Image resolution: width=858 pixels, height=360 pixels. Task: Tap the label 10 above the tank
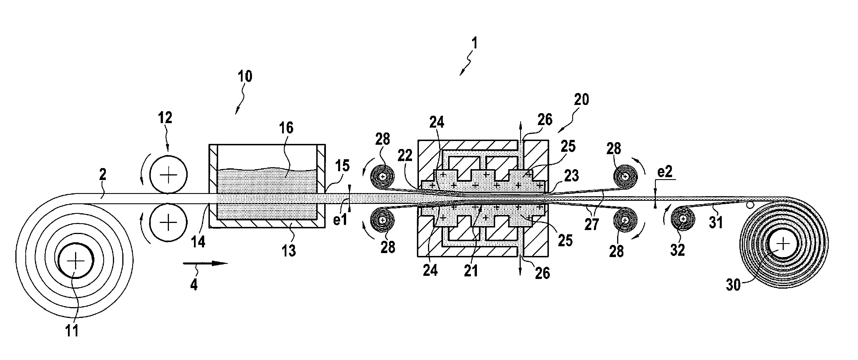pyautogui.click(x=245, y=76)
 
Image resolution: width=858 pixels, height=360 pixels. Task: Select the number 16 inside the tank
pyautogui.click(x=286, y=128)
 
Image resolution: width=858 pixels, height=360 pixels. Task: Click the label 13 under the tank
pyautogui.click(x=288, y=251)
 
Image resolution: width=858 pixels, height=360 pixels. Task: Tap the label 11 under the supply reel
pyautogui.click(x=71, y=331)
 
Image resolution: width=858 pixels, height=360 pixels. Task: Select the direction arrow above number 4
pyautogui.click(x=205, y=263)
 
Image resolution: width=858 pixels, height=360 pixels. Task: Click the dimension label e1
pyautogui.click(x=340, y=220)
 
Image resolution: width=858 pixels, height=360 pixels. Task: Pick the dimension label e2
pyautogui.click(x=665, y=171)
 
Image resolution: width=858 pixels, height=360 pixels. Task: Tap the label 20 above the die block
pyautogui.click(x=581, y=99)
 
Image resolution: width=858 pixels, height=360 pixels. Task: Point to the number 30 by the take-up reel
pyautogui.click(x=733, y=285)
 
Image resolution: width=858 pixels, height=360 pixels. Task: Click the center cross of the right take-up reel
pyautogui.click(x=783, y=244)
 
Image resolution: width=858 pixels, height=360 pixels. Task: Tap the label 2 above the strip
pyautogui.click(x=103, y=175)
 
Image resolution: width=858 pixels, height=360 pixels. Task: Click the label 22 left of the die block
pyautogui.click(x=405, y=155)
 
